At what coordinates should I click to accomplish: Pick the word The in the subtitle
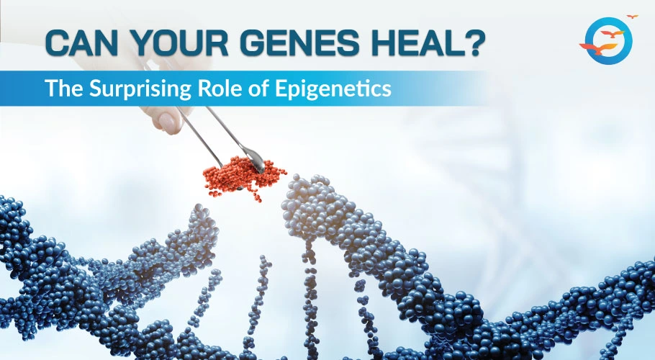click(64, 88)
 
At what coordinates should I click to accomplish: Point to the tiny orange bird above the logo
click(633, 17)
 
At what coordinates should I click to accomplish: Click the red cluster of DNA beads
click(243, 178)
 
